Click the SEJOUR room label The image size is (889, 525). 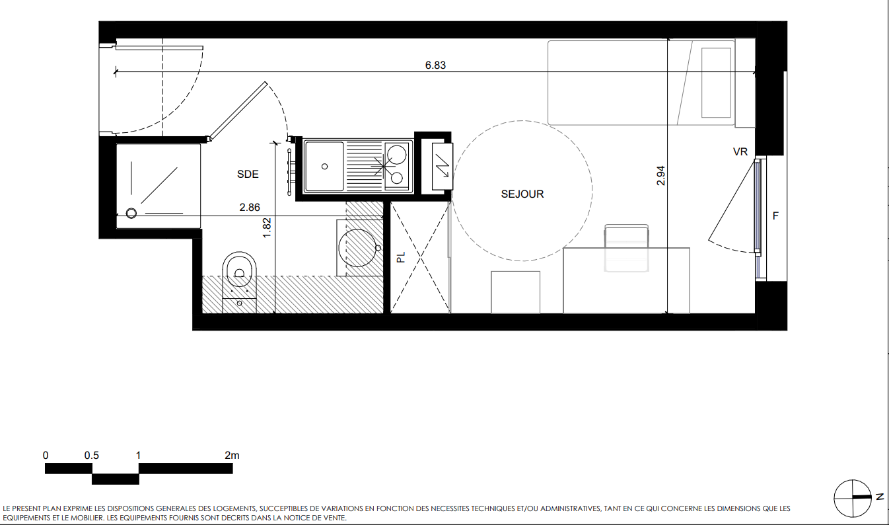[x=522, y=194]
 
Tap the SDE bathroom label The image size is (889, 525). [x=248, y=174]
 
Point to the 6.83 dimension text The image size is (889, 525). [x=435, y=65]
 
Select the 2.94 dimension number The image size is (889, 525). [x=660, y=176]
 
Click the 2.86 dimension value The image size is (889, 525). [x=250, y=207]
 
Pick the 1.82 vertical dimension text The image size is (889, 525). [x=267, y=227]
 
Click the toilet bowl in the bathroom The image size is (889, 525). [x=239, y=274]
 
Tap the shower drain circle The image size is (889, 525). [x=131, y=214]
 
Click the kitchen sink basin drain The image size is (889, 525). [x=325, y=167]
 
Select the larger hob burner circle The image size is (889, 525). [x=396, y=155]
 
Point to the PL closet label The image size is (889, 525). [x=401, y=257]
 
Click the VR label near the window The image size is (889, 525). [x=740, y=151]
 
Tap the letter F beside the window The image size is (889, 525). [x=775, y=216]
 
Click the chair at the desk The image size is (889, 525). [x=626, y=248]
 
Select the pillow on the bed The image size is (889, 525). [x=716, y=83]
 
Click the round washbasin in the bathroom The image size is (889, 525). [x=357, y=248]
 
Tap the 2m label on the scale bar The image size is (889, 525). [x=232, y=456]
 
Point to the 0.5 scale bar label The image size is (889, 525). [x=91, y=456]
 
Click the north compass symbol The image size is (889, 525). [x=853, y=499]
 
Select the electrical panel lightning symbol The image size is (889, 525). [x=442, y=166]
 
